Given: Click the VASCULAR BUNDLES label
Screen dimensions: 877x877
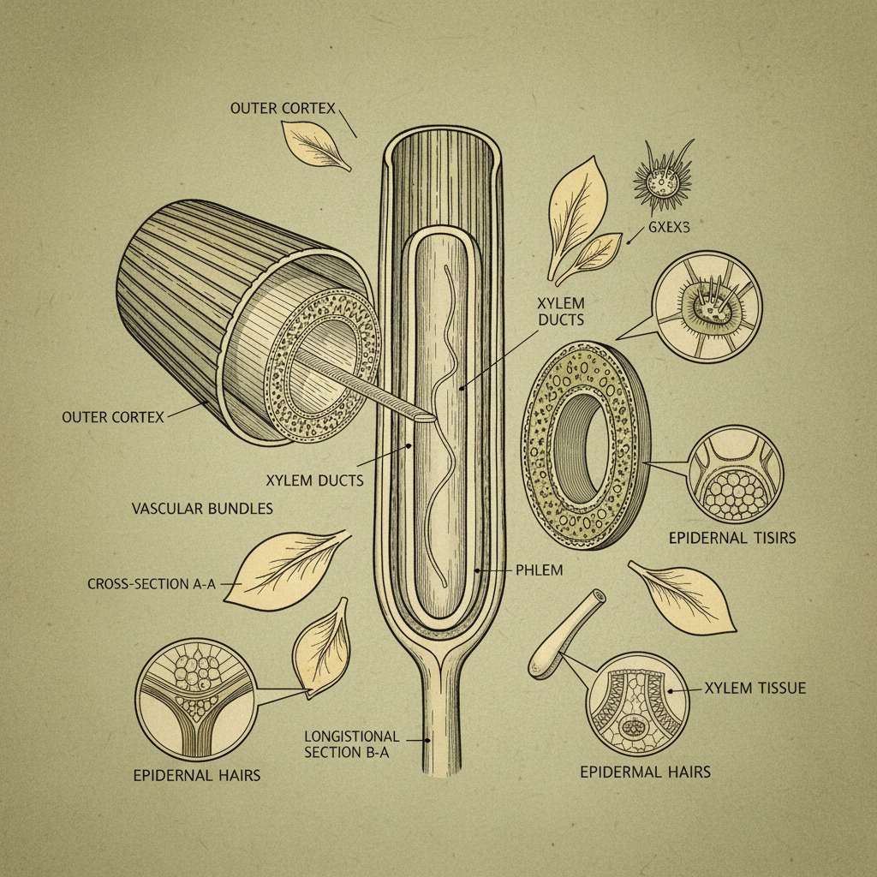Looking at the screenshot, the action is pos(202,509).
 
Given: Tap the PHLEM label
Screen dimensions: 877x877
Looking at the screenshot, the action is pos(540,570).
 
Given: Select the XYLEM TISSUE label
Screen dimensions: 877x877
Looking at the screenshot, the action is pos(755,688).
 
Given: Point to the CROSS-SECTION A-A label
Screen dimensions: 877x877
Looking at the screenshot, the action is pos(152,584).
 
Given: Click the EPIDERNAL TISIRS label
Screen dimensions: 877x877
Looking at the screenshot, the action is pos(732,538).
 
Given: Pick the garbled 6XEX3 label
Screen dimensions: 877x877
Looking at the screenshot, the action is pos(669,227).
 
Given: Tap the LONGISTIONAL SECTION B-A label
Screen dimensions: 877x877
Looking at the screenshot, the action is pos(352,744).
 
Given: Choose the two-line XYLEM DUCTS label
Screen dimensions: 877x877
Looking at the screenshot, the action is pos(561,312).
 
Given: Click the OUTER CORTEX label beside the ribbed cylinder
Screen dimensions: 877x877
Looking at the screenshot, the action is pos(113,417).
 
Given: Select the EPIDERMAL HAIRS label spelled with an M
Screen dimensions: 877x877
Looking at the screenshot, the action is pos(646,772).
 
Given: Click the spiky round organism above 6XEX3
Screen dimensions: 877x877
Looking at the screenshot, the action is pos(664,178).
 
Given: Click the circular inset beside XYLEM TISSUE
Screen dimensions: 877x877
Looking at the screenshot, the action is pos(637,704).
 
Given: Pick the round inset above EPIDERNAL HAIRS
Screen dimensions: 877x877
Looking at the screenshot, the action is pos(195,699).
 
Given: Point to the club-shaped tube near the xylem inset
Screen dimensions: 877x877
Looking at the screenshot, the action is pos(566,635).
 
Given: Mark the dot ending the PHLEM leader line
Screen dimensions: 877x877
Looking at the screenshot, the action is pos(477,570).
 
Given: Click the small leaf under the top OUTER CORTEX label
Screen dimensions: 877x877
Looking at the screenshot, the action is pos(315,145).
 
